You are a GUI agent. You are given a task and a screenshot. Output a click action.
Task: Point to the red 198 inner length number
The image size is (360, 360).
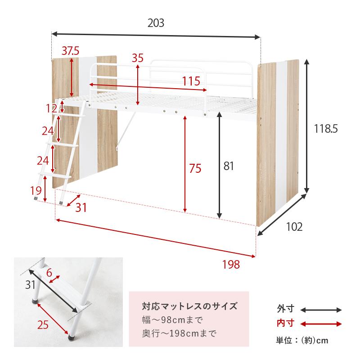[x=231, y=265]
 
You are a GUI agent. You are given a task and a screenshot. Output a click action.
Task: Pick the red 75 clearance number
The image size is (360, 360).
[x=195, y=169]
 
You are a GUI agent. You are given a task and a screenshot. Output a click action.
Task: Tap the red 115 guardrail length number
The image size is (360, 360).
[x=191, y=81]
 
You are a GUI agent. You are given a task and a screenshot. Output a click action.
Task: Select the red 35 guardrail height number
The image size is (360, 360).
[x=138, y=58]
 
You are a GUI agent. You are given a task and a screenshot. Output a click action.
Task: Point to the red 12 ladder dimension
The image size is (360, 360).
[x=52, y=108]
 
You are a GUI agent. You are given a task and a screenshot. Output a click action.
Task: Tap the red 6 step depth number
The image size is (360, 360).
[x=49, y=272]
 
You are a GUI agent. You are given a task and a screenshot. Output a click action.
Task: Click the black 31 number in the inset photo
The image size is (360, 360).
[x=30, y=284]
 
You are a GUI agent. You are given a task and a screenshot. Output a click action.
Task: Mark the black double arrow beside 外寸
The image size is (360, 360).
[x=321, y=310]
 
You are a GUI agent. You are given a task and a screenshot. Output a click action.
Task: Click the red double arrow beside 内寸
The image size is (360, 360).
[x=321, y=323]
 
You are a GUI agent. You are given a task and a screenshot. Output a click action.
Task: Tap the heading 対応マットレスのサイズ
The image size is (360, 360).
[x=189, y=307]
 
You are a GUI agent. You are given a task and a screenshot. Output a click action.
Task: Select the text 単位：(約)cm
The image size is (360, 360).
[x=302, y=341]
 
